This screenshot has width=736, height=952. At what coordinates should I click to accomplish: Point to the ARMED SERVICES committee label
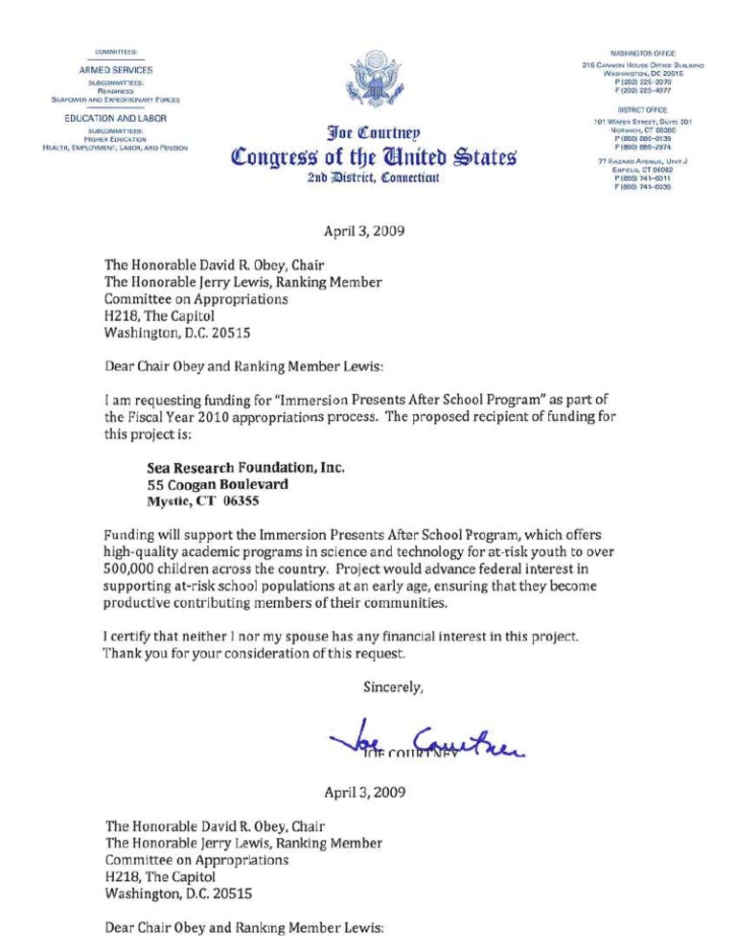pyautogui.click(x=115, y=71)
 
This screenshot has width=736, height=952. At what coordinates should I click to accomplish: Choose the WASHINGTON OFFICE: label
pyautogui.click(x=643, y=52)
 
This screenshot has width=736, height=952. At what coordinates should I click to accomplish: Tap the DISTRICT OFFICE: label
pyautogui.click(x=643, y=111)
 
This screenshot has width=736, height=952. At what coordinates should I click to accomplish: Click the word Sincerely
pyautogui.click(x=393, y=685)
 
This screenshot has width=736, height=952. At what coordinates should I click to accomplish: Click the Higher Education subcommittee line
pyautogui.click(x=115, y=138)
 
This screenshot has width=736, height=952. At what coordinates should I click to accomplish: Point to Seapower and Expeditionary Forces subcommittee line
pyautogui.click(x=115, y=99)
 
